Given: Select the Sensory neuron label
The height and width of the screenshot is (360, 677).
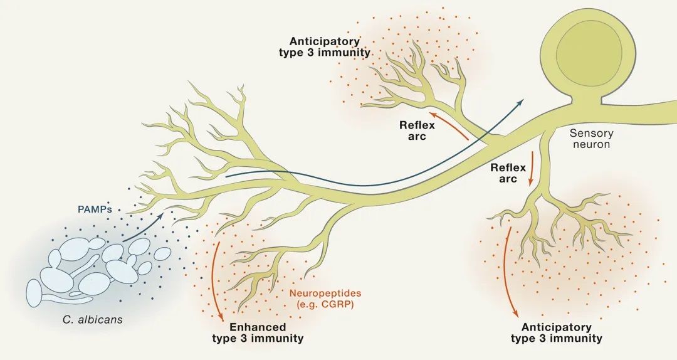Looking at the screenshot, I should tap(592, 139).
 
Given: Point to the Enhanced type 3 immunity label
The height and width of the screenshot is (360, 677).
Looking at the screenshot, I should tap(258, 332).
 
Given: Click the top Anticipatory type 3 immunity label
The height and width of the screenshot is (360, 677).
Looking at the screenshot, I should tap(324, 46).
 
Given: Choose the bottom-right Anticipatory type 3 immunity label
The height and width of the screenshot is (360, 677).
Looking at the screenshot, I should tap(556, 332).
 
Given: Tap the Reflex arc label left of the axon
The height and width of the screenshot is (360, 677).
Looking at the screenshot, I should tap(417, 130).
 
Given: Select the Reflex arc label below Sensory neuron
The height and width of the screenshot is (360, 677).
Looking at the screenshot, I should tap(504, 173).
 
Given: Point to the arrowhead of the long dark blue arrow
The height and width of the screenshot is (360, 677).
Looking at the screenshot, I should tap(520, 101).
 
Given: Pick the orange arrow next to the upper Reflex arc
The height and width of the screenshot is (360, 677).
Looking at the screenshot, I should tap(448, 125).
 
